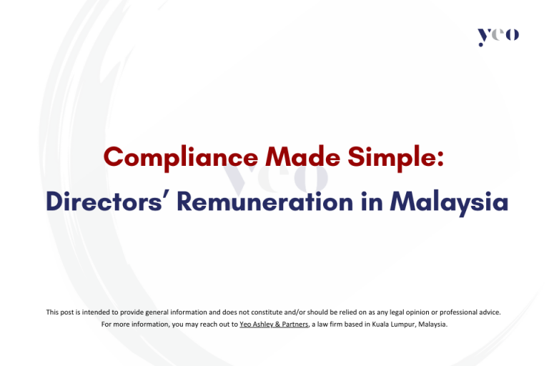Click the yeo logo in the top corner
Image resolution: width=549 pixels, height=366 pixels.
pyautogui.click(x=498, y=36)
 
